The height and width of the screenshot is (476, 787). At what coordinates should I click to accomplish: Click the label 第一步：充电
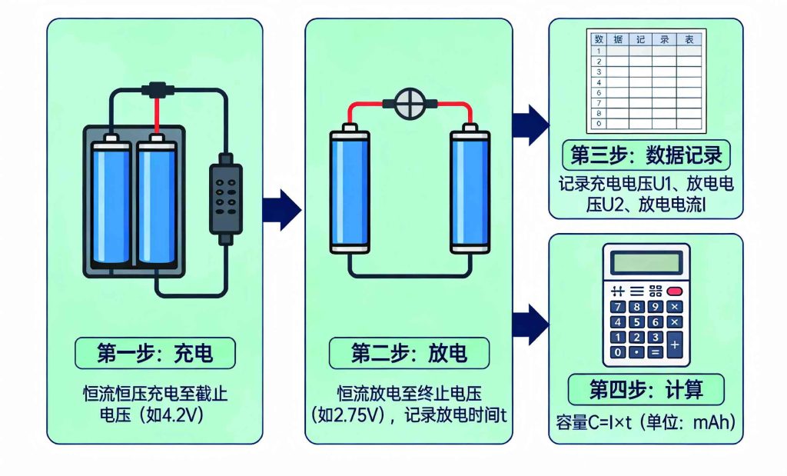pos(154,353)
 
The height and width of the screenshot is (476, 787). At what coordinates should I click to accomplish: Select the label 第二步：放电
pos(408,353)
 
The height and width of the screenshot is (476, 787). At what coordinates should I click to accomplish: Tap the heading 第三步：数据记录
pos(646,155)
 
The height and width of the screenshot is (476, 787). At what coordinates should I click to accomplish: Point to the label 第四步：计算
pos(646,389)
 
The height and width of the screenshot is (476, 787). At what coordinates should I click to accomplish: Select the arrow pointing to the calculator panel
pos(530,324)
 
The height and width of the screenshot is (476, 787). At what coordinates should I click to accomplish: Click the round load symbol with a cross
pos(409,102)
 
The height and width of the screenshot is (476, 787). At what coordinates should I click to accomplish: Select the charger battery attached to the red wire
pos(158,204)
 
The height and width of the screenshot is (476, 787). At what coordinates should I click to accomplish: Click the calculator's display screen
pos(646,263)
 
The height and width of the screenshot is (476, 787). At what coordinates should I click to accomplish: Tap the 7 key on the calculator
pos(616,307)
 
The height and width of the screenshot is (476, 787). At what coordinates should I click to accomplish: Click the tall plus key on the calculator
pos(675,345)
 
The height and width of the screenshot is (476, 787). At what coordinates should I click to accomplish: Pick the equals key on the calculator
pos(656,353)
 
